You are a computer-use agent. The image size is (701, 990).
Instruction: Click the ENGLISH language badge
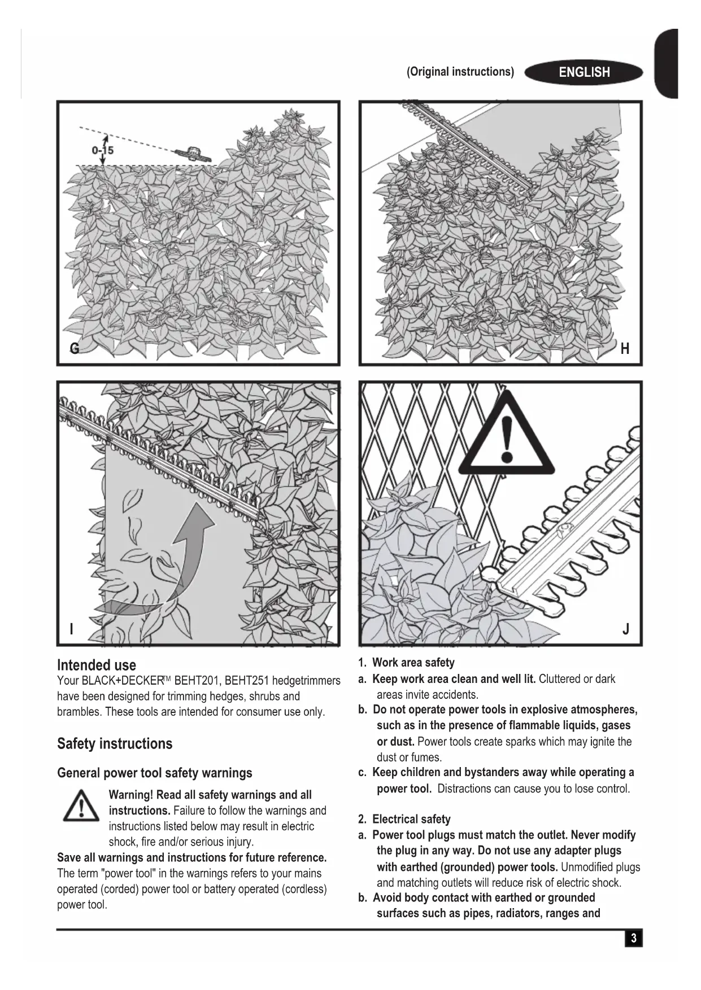584,72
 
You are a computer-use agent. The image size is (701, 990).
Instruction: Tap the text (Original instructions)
460,72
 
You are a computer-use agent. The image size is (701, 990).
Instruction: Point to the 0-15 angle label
102,150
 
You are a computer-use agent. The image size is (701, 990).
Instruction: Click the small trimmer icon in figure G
193,153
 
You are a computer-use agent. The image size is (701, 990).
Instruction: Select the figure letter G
75,348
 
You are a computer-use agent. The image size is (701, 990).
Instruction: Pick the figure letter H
625,349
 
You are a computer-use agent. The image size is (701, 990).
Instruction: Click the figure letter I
71,629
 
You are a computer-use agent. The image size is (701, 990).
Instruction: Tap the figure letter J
625,629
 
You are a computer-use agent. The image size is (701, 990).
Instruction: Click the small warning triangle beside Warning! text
81,805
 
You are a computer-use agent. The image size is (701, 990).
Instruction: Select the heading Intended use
97,665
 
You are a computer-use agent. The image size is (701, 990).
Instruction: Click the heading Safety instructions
115,743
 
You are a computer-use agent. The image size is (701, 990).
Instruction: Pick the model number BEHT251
247,681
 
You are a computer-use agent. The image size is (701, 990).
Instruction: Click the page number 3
634,938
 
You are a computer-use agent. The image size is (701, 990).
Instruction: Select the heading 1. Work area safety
406,663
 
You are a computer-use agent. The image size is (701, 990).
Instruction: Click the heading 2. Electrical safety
404,819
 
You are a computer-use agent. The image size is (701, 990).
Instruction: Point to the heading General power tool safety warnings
155,773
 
